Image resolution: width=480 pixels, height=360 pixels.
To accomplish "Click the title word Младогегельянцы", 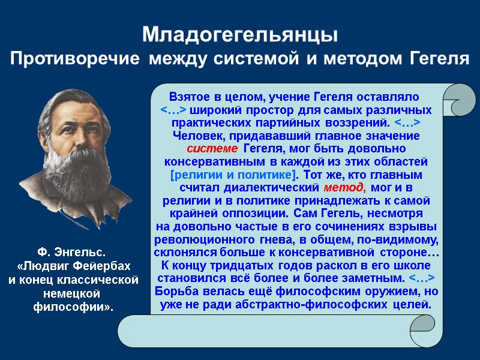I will [240, 35].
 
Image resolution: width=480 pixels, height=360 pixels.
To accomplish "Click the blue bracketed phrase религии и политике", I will [233, 175].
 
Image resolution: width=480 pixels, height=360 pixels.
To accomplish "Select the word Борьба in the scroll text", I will [178, 292].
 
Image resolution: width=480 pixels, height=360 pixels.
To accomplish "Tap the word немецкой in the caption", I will [73, 293].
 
